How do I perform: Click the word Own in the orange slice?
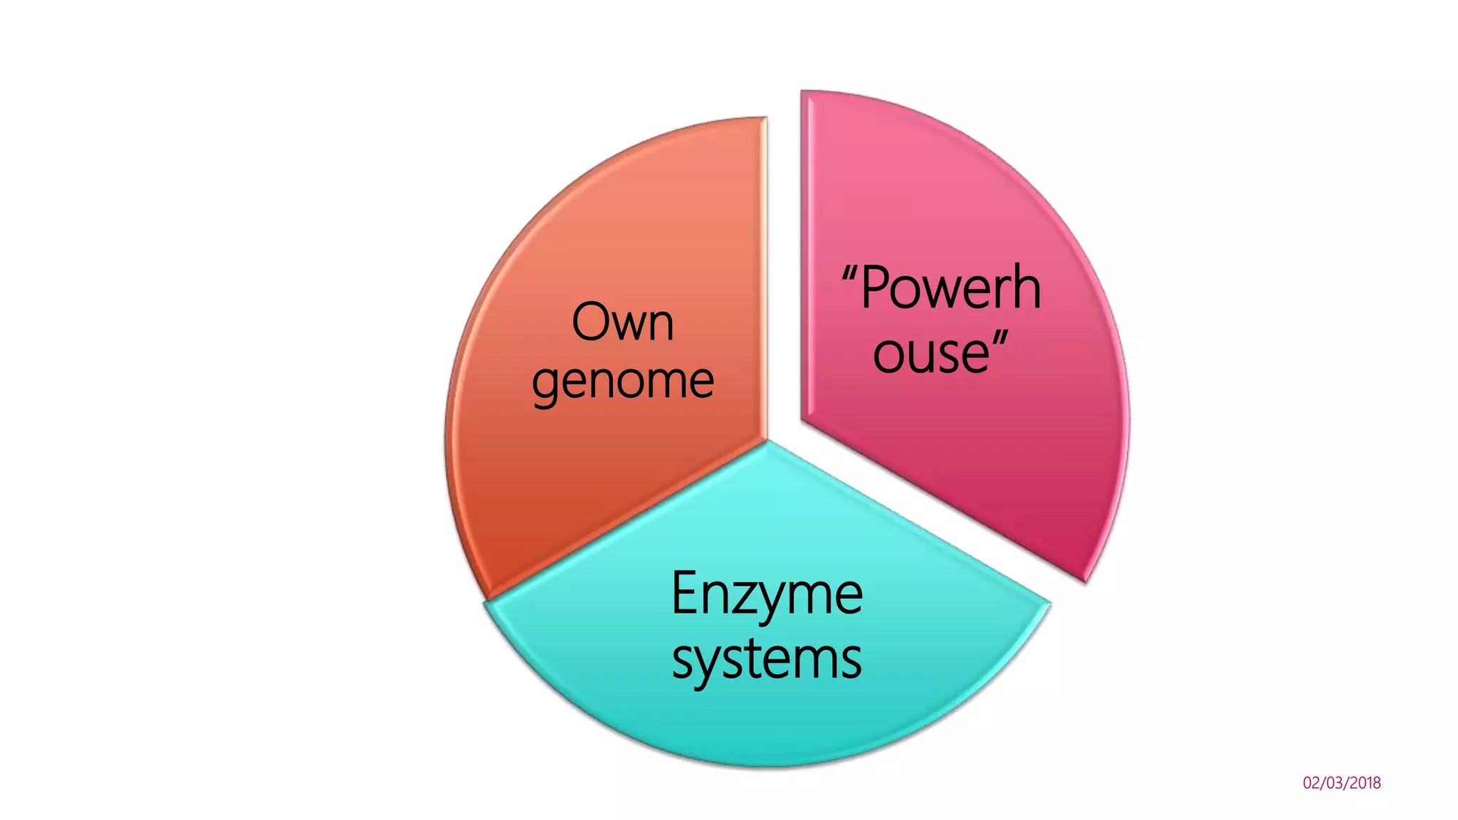[x=622, y=322]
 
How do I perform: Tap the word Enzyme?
[x=766, y=595]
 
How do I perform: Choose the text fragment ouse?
[x=931, y=353]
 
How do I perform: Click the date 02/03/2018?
[x=1341, y=783]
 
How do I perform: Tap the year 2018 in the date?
[x=1365, y=783]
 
